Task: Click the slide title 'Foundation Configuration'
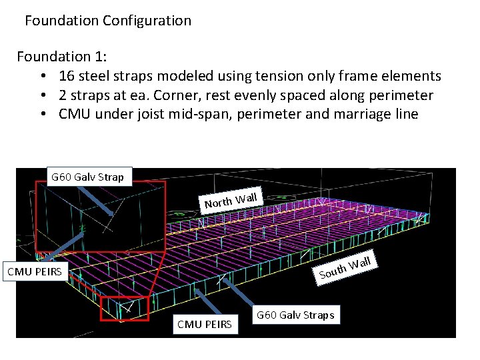(108, 21)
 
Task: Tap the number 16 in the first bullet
(67, 76)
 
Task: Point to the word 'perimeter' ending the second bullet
(401, 95)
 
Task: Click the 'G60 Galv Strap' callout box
(87, 177)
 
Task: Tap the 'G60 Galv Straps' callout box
(296, 315)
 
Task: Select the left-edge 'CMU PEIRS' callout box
(35, 271)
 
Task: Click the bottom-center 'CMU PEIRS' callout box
(205, 324)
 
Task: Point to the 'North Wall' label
(231, 199)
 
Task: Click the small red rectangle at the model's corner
(124, 308)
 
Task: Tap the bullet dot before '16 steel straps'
(42, 77)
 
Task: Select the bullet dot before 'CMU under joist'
(42, 115)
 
